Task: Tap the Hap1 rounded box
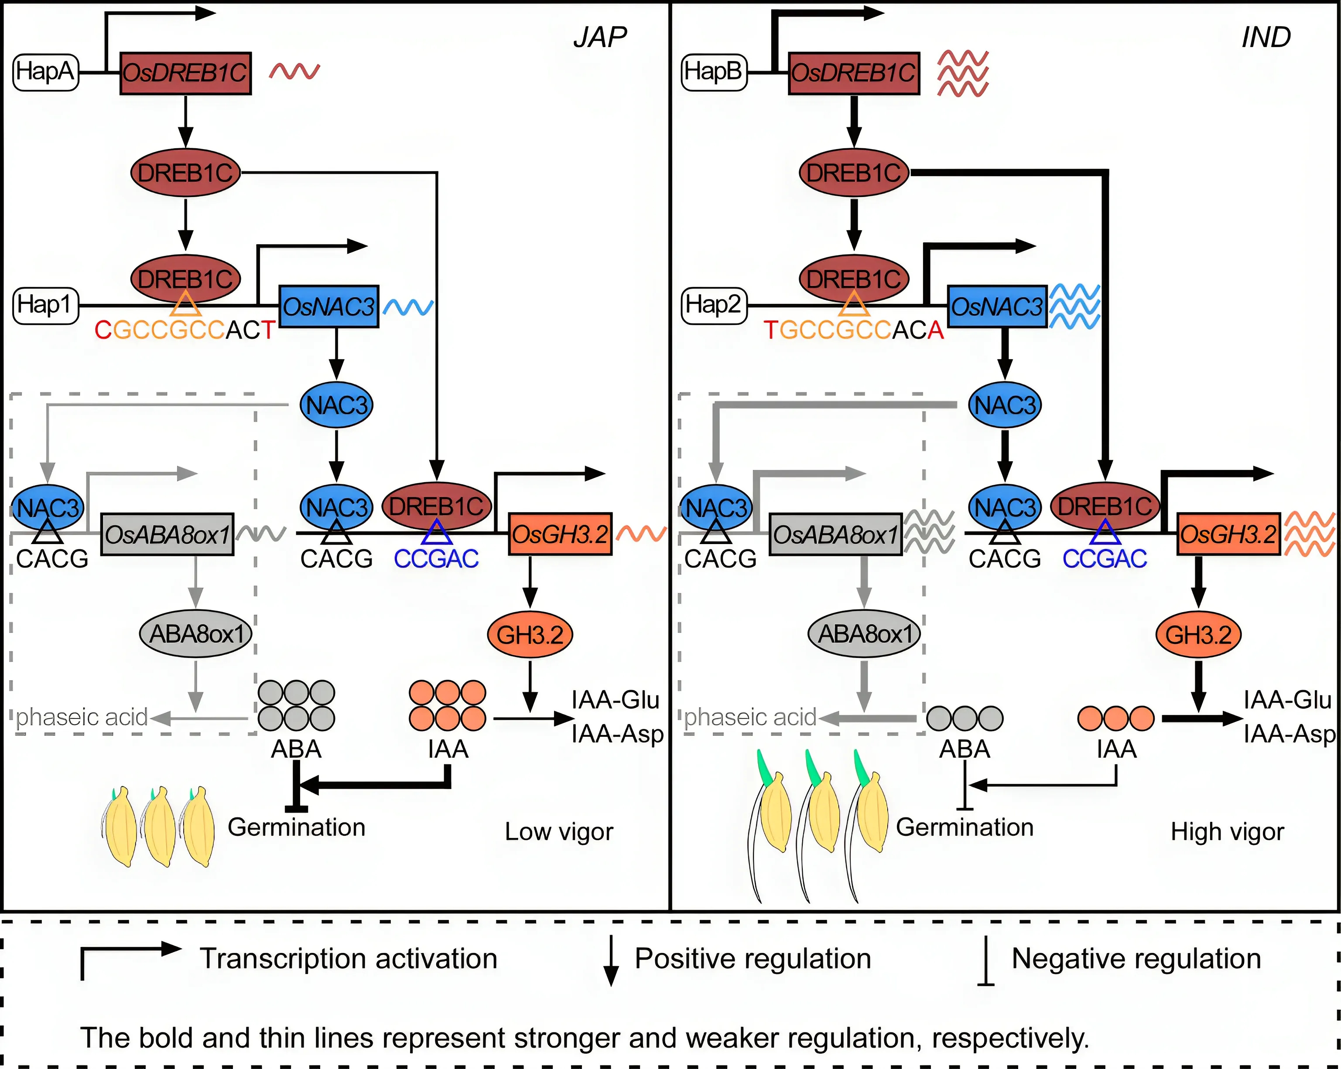45,305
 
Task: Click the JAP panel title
599,37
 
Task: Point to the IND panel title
1266,37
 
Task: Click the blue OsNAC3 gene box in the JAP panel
328,306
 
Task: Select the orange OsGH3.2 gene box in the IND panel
1228,534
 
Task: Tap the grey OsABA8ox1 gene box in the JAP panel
168,534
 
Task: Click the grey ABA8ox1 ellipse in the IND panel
864,634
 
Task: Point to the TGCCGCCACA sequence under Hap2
853,330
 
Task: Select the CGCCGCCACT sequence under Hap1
184,330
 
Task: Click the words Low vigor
558,831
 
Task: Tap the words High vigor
1227,831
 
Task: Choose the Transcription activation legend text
348,958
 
